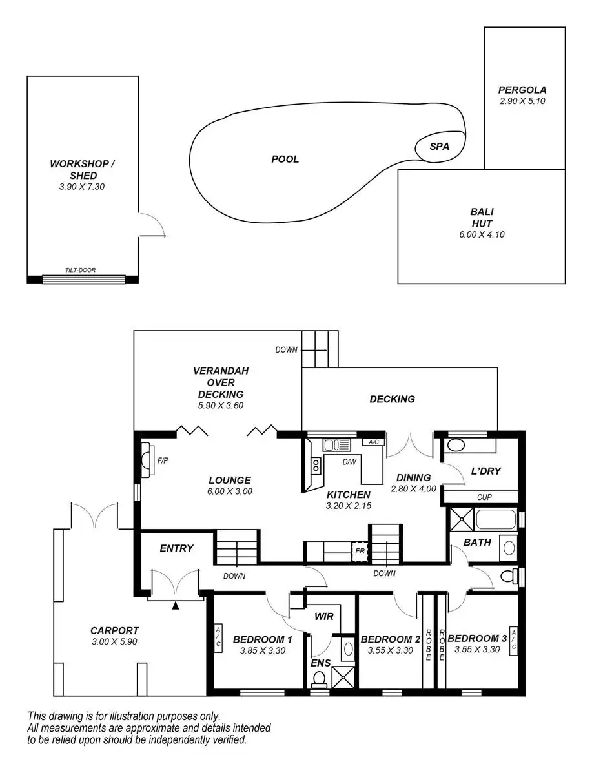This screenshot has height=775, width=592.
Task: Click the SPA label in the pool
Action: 439,146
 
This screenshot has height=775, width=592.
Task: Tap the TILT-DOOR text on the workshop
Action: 81,270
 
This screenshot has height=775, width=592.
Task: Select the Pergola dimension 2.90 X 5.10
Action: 522,101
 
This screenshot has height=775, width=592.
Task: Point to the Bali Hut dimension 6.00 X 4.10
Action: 482,234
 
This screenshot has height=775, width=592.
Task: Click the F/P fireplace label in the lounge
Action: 163,460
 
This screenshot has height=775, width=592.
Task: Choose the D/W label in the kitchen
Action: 350,462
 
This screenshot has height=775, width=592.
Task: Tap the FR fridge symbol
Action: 360,550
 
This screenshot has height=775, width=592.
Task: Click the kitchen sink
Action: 337,445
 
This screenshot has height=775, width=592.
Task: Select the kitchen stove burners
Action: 316,465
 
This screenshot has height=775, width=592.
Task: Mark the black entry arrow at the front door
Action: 176,606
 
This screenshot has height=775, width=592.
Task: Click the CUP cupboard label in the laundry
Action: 484,497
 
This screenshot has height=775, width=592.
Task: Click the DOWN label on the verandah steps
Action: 286,350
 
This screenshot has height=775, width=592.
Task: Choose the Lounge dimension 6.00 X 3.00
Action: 230,491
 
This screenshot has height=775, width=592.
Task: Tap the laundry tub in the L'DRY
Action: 456,445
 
